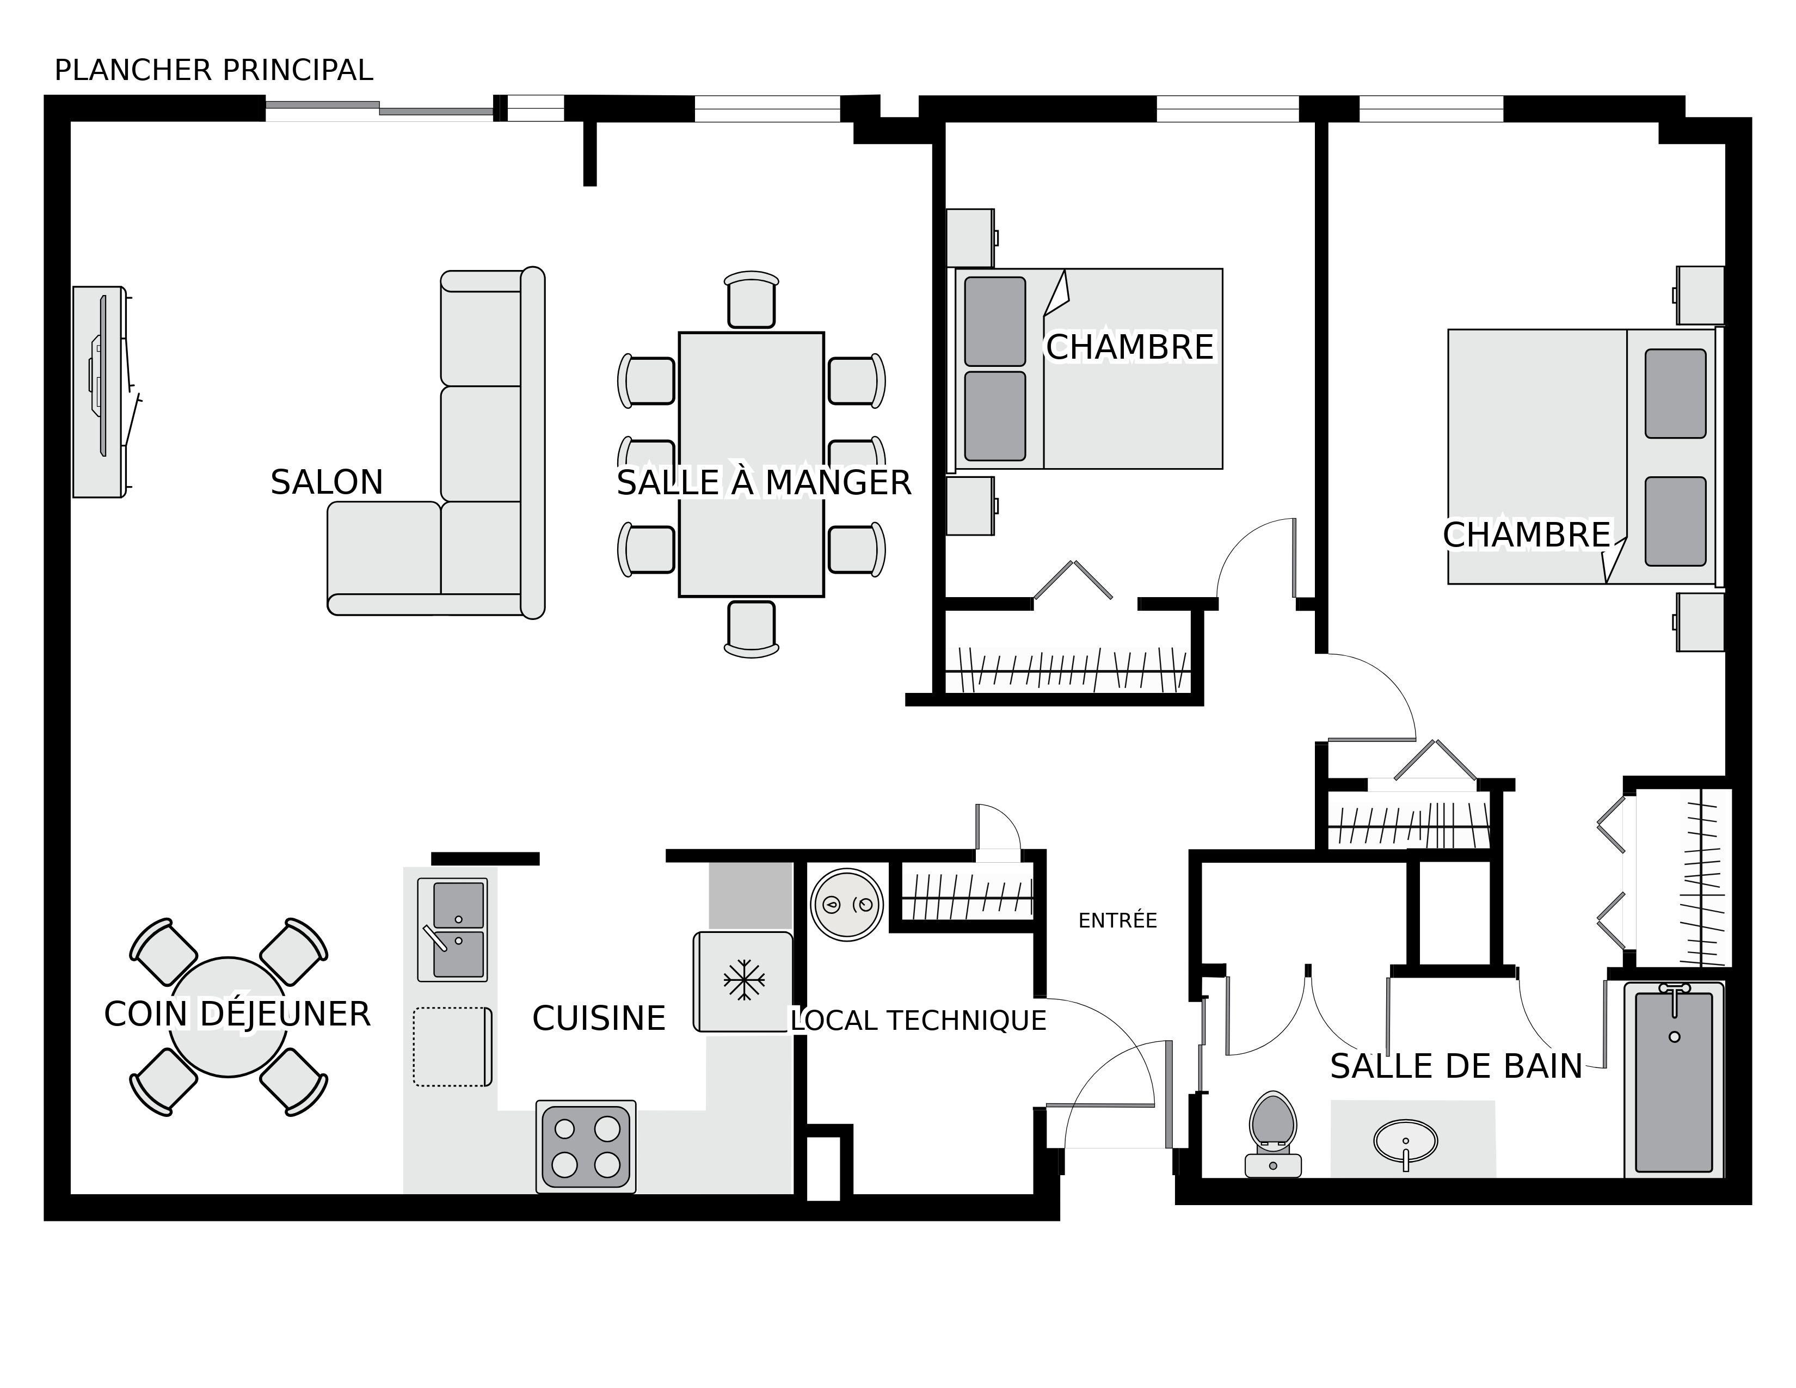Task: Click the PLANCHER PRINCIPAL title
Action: tap(214, 71)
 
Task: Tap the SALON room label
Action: tap(327, 483)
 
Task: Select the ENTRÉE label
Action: tap(1117, 921)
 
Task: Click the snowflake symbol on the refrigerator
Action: tap(743, 980)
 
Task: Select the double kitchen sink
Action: tap(452, 929)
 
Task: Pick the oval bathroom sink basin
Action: tap(1405, 1141)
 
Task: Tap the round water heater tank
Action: tap(846, 905)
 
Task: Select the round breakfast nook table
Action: tap(229, 1017)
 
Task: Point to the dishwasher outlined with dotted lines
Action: tap(452, 1047)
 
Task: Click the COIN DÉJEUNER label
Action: tap(237, 1015)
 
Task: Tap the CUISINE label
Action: tap(599, 1019)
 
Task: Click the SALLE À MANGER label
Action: tap(763, 483)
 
